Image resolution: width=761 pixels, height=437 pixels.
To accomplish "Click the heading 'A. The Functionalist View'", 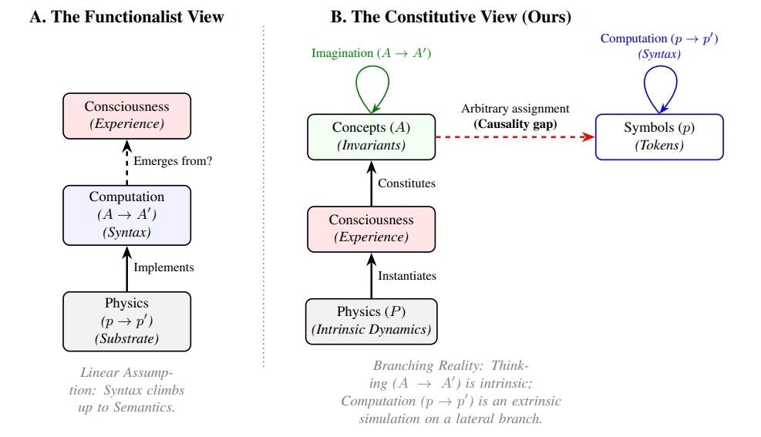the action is (x=126, y=17).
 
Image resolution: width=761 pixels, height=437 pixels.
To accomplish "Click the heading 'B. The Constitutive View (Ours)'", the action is (x=451, y=17).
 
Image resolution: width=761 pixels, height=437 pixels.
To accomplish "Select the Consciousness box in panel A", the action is (x=126, y=116).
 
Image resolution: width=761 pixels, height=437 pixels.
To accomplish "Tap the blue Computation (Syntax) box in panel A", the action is (x=126, y=215).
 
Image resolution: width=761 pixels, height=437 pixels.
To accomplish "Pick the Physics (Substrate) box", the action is (x=126, y=321).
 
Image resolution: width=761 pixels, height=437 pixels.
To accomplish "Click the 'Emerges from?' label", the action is (x=173, y=161).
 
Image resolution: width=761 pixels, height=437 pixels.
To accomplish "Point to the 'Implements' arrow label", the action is (x=163, y=267).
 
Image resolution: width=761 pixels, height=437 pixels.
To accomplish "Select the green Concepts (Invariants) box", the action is (x=372, y=136).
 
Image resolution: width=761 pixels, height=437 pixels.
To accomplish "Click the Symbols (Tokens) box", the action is (x=659, y=136).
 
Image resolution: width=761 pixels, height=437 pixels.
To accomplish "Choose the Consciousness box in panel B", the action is (x=372, y=229).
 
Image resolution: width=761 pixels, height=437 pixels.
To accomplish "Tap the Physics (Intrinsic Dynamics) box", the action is (x=372, y=321).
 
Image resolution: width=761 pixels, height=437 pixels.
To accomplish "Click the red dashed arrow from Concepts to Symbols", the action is (x=515, y=136).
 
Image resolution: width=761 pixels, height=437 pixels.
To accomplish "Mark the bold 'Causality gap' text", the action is (x=515, y=124).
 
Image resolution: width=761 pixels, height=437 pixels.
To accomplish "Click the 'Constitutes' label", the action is (x=406, y=183).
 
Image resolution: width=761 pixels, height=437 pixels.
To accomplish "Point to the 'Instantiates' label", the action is (x=407, y=276).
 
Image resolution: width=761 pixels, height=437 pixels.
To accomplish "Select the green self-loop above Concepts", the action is (x=372, y=66).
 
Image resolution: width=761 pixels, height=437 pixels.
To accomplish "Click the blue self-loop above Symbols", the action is (x=660, y=66).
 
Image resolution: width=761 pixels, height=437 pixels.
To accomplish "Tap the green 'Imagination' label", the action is (x=342, y=53).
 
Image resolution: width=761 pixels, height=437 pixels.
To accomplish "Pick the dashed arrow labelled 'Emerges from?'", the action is (x=126, y=163).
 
